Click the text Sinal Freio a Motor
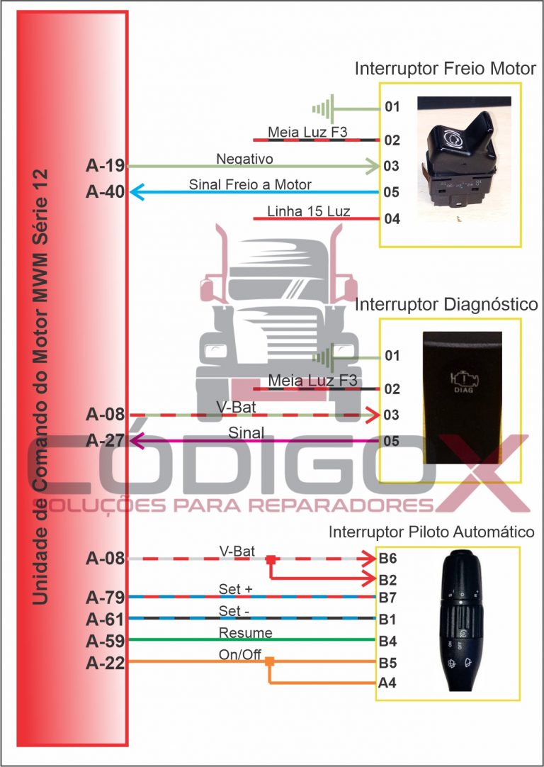[x=250, y=184]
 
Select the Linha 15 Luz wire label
[x=308, y=211]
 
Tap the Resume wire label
[x=245, y=633]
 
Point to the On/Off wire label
[x=240, y=655]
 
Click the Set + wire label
[x=235, y=589]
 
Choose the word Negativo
[x=244, y=159]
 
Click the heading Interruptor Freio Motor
[x=445, y=69]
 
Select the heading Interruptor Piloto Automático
[x=431, y=532]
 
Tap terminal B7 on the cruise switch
[x=387, y=597]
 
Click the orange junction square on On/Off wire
[x=269, y=662]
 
